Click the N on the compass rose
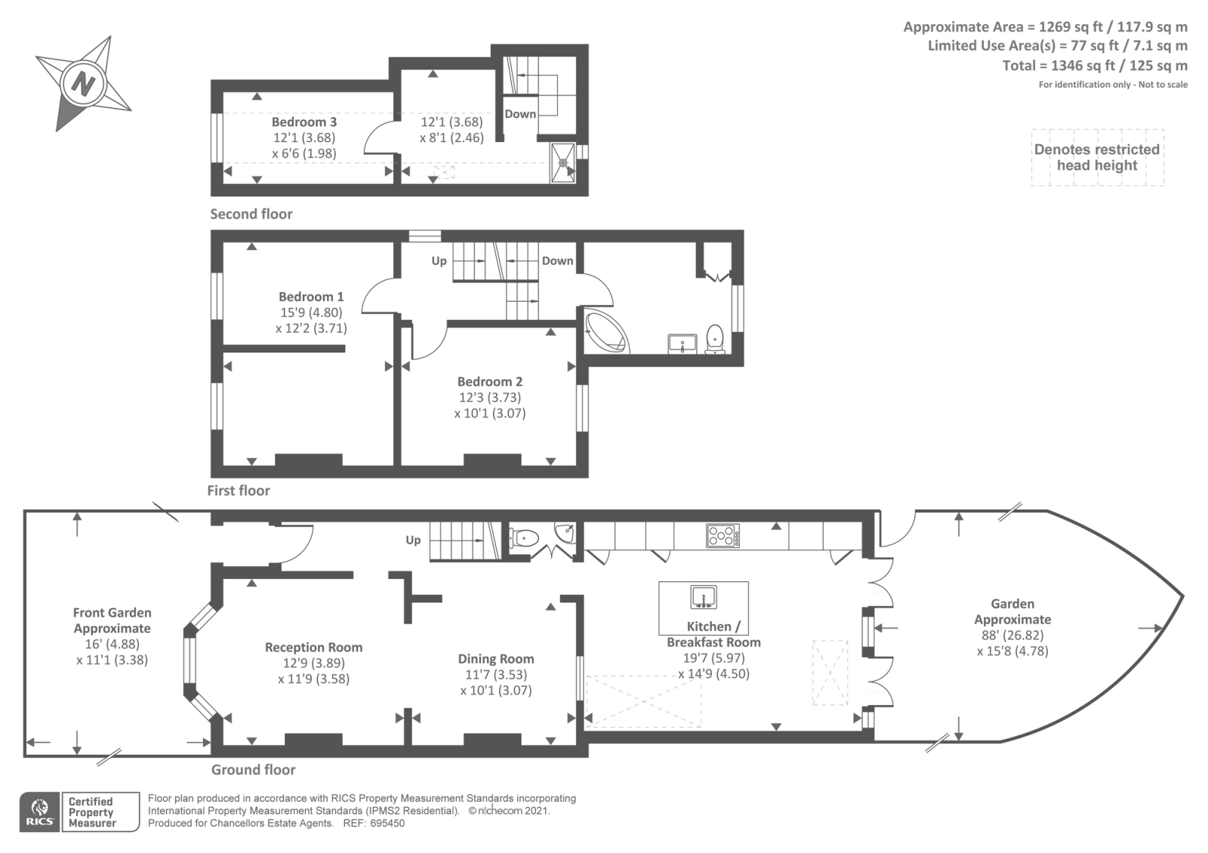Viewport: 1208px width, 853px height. click(x=83, y=84)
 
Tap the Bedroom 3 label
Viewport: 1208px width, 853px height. click(x=304, y=122)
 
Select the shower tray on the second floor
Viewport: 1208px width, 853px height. click(x=562, y=163)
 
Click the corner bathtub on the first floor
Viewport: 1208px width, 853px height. click(x=608, y=331)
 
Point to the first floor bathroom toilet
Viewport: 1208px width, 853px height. click(x=715, y=339)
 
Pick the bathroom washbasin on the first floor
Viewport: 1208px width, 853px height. click(x=683, y=343)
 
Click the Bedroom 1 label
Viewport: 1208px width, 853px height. click(x=311, y=297)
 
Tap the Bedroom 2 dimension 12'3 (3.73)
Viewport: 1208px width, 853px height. click(x=490, y=397)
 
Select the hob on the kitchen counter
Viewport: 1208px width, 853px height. click(x=723, y=536)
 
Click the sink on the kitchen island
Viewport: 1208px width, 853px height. click(x=704, y=597)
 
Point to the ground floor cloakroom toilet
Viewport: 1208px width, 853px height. click(x=524, y=537)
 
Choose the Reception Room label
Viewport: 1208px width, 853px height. click(x=313, y=647)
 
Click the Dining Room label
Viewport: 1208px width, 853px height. click(x=496, y=659)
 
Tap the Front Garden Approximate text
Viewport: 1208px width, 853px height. click(x=112, y=621)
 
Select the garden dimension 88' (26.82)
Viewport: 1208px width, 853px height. click(x=1012, y=635)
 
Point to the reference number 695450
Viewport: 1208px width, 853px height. click(x=387, y=824)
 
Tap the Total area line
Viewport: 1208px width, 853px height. click(x=1095, y=66)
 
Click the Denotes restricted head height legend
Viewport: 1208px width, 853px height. click(x=1097, y=158)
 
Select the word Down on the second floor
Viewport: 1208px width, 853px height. click(x=520, y=114)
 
